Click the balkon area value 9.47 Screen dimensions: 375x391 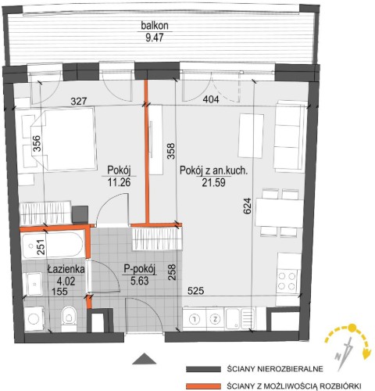pyautogui.click(x=155, y=38)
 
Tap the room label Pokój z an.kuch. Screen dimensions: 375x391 pyautogui.click(x=213, y=170)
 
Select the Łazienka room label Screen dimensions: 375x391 pyautogui.click(x=66, y=269)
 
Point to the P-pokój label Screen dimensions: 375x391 pyautogui.click(x=140, y=269)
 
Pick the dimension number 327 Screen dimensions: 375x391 pyautogui.click(x=79, y=101)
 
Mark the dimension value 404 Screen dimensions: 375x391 pyautogui.click(x=211, y=99)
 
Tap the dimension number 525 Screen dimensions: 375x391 pyautogui.click(x=196, y=291)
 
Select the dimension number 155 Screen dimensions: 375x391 pyautogui.click(x=59, y=291)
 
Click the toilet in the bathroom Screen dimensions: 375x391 pyautogui.click(x=69, y=318)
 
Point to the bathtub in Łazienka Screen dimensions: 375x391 pyautogui.click(x=53, y=246)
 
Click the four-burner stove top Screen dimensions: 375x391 pyautogui.click(x=287, y=282)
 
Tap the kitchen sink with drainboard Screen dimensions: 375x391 pyautogui.click(x=241, y=318)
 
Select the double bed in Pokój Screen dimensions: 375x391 pyautogui.click(x=62, y=139)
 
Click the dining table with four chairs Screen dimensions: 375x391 pyautogui.click(x=280, y=213)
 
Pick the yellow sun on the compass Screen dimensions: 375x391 pyautogui.click(x=352, y=328)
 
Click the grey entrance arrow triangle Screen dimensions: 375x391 pyautogui.click(x=144, y=359)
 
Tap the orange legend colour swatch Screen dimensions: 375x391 pyautogui.click(x=203, y=386)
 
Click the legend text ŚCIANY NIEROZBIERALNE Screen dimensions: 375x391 pyautogui.click(x=275, y=369)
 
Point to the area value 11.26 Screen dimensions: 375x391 pyautogui.click(x=119, y=182)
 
